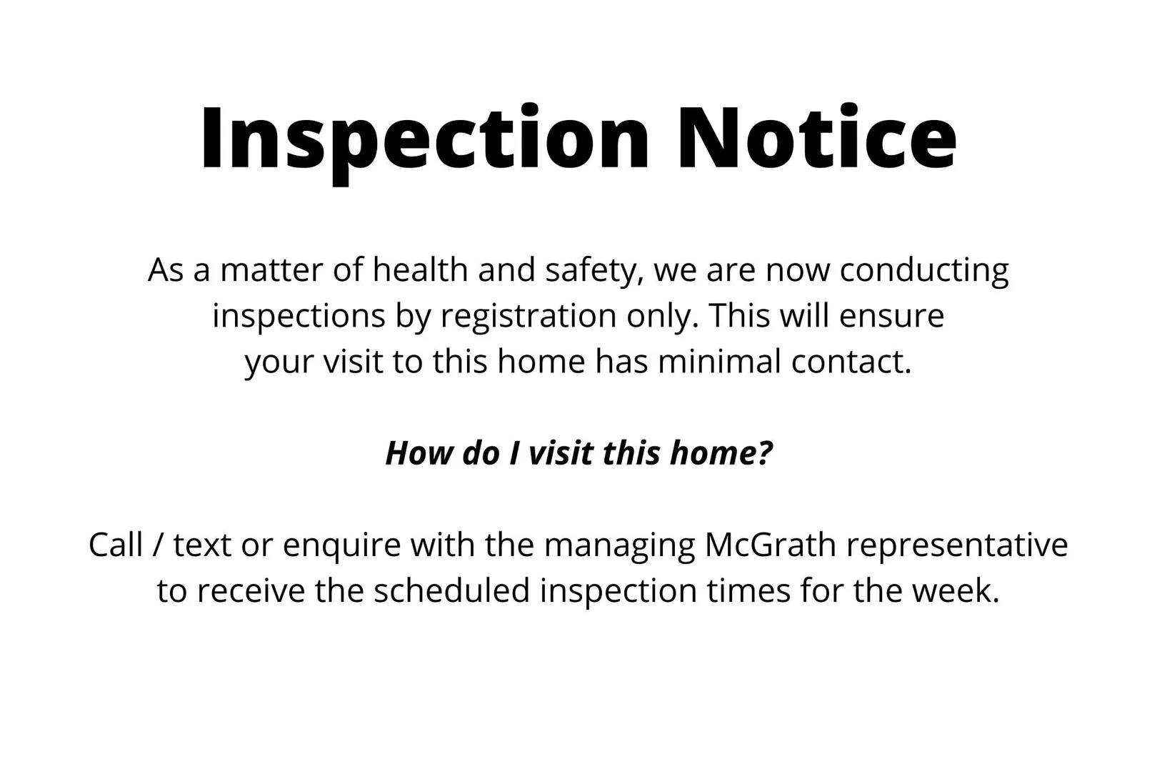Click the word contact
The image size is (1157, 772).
[851, 362]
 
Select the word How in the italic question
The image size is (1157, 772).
[419, 453]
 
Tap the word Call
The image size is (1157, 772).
[116, 545]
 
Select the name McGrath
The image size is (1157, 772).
[771, 545]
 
